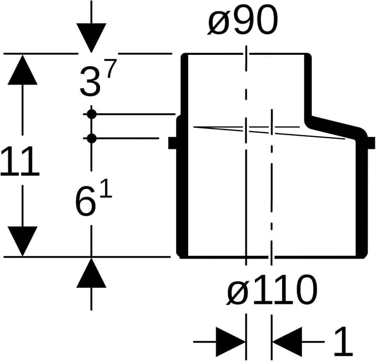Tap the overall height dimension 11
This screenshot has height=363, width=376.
click(x=20, y=161)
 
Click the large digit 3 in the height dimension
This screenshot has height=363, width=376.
click(x=90, y=81)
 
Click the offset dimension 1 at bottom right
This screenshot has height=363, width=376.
click(x=343, y=342)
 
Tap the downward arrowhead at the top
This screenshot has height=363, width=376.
click(x=91, y=38)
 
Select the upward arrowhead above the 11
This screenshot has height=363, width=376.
click(x=22, y=70)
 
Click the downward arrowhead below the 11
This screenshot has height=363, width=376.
click(x=22, y=241)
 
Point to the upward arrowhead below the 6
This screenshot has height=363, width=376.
click(x=91, y=273)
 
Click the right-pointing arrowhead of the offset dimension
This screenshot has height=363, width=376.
click(x=231, y=342)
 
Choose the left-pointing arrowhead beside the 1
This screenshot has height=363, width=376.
click(x=287, y=342)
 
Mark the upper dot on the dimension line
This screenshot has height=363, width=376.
click(x=91, y=114)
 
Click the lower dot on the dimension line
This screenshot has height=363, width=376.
click(x=91, y=138)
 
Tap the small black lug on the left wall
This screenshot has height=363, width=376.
click(x=172, y=143)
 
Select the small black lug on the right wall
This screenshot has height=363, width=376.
click(x=371, y=143)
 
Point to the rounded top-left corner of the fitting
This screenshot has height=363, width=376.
click(x=184, y=56)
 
